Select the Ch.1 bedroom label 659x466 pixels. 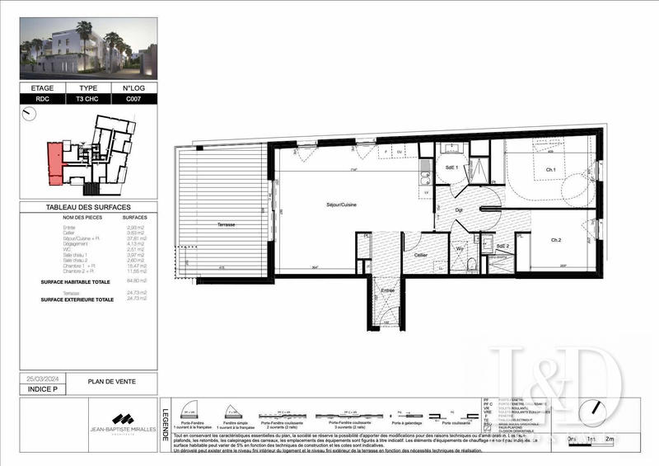click(550, 170)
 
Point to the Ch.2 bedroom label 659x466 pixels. click(556, 240)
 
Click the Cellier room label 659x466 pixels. click(420, 256)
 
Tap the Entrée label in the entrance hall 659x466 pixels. click(386, 290)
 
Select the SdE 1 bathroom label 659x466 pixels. click(451, 167)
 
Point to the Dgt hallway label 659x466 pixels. click(460, 210)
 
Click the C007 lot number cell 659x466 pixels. click(134, 98)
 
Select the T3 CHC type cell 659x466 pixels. click(88, 98)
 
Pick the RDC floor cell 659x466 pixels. click(42, 98)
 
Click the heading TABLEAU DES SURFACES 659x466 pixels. click(88, 207)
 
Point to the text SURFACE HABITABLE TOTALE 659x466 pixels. click(77, 281)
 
